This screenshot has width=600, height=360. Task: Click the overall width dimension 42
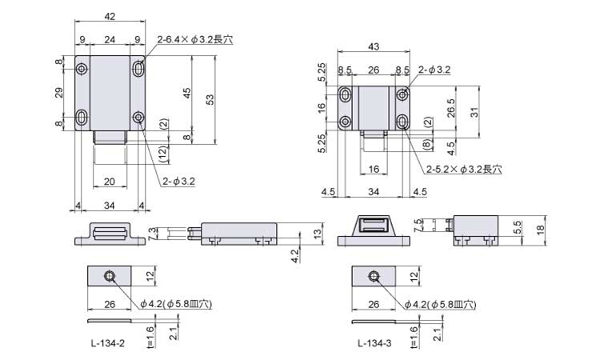click(110, 16)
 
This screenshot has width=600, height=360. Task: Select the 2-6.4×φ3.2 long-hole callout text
click(194, 39)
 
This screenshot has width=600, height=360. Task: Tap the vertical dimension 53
click(210, 100)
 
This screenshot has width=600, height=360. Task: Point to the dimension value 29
click(59, 92)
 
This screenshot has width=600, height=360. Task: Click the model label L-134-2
click(108, 343)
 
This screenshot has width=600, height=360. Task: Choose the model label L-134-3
click(374, 343)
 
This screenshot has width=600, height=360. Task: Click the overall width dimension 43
click(374, 46)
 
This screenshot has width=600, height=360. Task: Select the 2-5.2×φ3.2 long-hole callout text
click(464, 169)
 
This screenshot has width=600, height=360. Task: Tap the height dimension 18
click(540, 230)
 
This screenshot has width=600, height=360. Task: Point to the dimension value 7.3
click(151, 234)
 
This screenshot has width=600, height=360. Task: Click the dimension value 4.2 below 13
click(294, 255)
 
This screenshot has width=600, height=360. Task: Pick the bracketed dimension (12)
click(163, 154)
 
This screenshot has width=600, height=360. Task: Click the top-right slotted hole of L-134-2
click(138, 69)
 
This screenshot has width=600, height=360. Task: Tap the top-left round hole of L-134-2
click(82, 69)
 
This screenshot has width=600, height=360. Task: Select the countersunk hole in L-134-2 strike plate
click(110, 276)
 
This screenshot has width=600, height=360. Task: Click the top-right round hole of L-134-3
click(402, 94)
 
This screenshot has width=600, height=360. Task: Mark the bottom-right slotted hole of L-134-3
click(402, 122)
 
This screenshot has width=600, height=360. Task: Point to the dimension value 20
click(110, 181)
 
